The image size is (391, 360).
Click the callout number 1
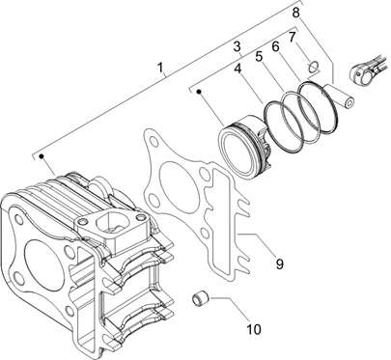pos(160,69)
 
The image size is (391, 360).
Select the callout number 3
pos(237,46)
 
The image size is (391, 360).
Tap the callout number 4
pos(237,69)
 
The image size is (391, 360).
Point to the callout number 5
pos(259,57)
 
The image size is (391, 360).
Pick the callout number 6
pos(275,47)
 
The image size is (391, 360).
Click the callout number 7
pos(292,38)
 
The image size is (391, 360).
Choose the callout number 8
pos(295,13)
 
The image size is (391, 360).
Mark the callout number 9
pos(280,264)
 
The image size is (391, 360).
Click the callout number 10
pos(254,329)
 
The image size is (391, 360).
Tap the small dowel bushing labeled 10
pos(200,298)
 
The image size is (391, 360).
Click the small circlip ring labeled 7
pos(313,67)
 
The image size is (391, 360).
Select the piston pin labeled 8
pos(339,97)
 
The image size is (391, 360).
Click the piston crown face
pos(237,152)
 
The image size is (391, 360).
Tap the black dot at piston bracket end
pos(199,92)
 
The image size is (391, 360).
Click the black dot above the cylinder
pos(42,156)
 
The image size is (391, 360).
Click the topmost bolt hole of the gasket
pos(152,141)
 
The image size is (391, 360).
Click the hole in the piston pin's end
pos(349,103)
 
